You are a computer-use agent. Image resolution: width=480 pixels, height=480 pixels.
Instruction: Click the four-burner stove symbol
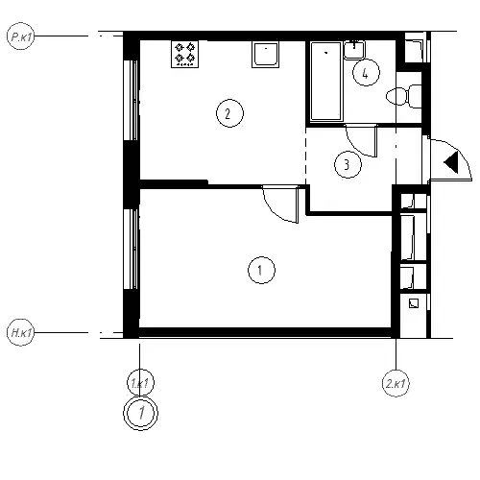(x=184, y=54)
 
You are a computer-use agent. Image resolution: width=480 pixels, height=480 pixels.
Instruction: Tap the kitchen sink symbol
(x=265, y=54)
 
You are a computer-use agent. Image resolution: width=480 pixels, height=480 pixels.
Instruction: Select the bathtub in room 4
(x=326, y=82)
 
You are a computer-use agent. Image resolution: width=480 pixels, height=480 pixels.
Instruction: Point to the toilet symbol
(x=404, y=96)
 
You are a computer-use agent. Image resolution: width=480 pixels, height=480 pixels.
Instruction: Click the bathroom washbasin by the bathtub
(x=354, y=50)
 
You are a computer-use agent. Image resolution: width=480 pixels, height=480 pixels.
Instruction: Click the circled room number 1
(x=261, y=270)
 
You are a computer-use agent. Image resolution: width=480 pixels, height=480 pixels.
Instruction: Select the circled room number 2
(x=229, y=113)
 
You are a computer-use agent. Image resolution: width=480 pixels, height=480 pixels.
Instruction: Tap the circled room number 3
(x=348, y=164)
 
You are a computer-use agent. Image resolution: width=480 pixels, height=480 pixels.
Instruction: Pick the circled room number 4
(x=366, y=73)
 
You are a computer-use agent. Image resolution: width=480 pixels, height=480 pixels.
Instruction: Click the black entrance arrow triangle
(x=451, y=162)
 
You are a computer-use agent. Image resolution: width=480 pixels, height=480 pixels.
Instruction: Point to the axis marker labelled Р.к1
(x=20, y=36)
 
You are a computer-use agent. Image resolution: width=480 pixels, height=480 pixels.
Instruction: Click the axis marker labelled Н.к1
(x=20, y=332)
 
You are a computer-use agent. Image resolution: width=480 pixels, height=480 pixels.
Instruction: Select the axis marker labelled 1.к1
(x=141, y=383)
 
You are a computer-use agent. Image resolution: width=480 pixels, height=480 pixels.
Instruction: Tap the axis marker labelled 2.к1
(x=396, y=383)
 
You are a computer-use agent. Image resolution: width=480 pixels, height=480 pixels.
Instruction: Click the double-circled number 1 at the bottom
(x=141, y=413)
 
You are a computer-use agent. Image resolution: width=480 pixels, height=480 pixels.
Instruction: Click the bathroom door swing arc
(x=353, y=146)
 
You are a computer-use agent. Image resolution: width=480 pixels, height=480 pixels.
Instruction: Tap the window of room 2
(x=132, y=100)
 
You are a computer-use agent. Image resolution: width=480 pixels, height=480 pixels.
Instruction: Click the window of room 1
(x=132, y=249)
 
